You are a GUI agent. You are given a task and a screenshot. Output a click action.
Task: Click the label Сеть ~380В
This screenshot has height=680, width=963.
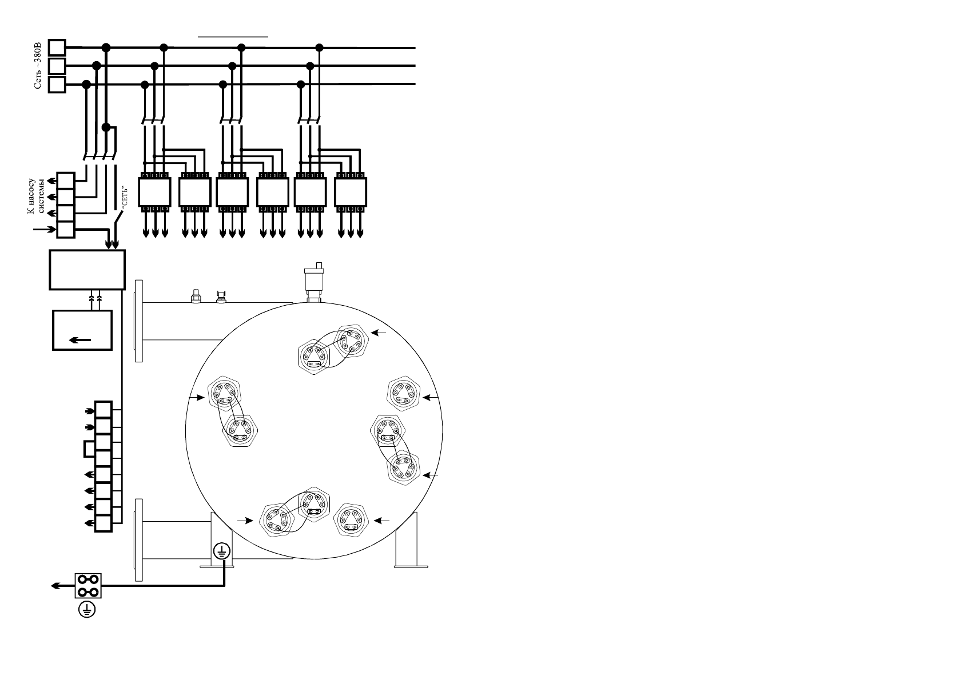[38, 65]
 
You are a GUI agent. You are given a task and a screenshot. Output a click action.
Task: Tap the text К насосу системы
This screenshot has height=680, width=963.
[36, 197]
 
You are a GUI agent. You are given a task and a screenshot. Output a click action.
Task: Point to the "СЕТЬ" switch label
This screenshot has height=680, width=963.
[125, 198]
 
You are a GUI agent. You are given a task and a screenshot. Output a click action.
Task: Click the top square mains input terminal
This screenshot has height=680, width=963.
[57, 47]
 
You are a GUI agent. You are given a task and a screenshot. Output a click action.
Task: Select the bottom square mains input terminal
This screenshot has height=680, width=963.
[57, 85]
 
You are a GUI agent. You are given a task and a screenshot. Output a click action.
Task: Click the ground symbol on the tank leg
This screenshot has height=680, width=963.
[222, 551]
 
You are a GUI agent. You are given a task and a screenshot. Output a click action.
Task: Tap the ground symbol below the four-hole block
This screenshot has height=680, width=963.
[87, 610]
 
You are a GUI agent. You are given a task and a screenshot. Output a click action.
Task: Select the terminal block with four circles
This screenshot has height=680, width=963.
[88, 586]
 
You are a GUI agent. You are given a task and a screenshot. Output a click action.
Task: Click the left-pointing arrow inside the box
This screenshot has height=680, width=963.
[80, 340]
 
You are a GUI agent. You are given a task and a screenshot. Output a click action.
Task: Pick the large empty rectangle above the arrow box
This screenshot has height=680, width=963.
[87, 270]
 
